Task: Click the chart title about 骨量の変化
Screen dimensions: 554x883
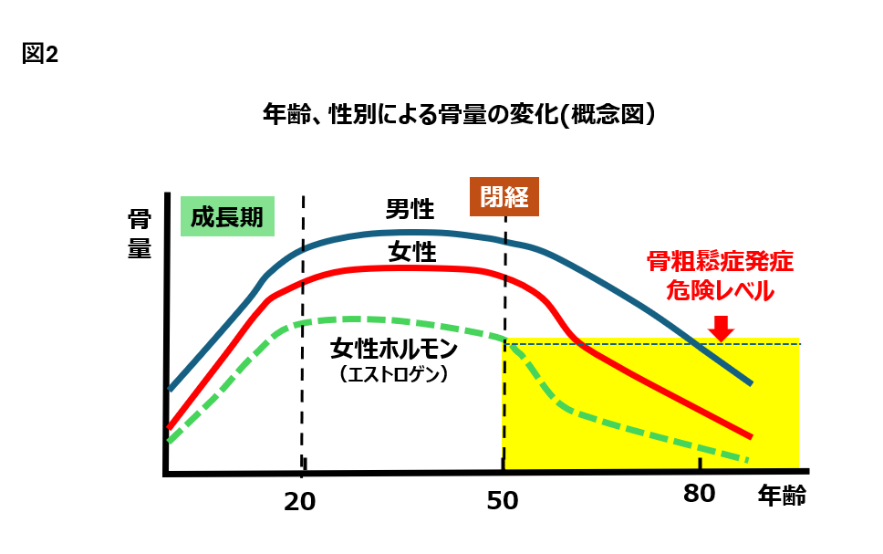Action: (x=459, y=115)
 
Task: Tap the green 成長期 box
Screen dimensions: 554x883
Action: (x=228, y=216)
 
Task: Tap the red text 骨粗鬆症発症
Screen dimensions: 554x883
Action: (x=721, y=263)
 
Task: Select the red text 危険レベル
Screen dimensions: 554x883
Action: (x=721, y=292)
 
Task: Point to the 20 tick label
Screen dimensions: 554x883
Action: (x=299, y=500)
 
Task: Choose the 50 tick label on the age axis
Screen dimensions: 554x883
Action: (x=503, y=500)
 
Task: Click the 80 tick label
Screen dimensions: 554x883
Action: (x=699, y=495)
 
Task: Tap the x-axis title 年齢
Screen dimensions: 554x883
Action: (x=782, y=497)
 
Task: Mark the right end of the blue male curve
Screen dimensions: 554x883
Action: (x=750, y=382)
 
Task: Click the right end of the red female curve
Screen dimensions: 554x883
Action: (x=750, y=436)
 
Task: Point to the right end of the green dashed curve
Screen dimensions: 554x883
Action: (x=746, y=459)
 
